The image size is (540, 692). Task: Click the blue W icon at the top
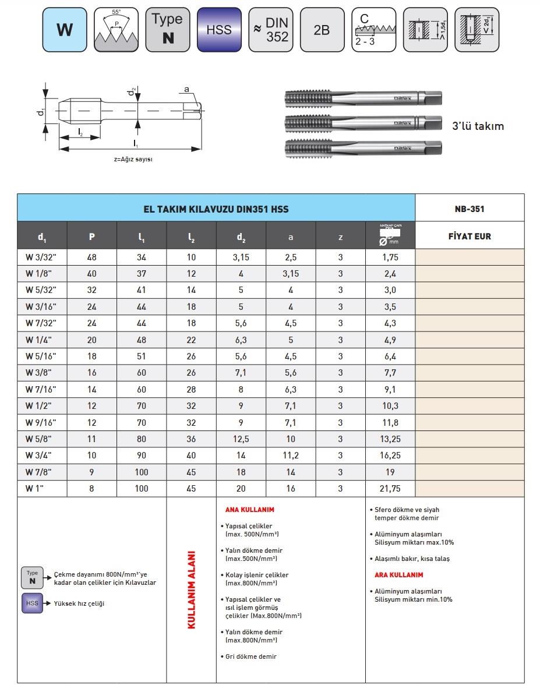click(65, 30)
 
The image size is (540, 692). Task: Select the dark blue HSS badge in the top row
click(219, 30)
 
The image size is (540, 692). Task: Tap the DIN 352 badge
click(271, 30)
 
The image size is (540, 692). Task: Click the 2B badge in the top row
click(322, 30)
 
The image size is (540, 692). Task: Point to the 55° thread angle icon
click(116, 30)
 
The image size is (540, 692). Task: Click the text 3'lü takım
click(478, 126)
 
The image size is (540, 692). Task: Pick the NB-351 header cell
click(470, 209)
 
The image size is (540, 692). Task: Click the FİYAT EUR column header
click(470, 236)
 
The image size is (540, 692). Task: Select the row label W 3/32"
click(41, 257)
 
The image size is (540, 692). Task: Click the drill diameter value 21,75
click(390, 489)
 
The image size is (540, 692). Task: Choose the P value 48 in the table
click(91, 257)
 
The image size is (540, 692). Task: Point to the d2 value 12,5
click(241, 439)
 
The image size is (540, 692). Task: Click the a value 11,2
click(291, 456)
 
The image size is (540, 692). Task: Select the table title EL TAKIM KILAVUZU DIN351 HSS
click(216, 209)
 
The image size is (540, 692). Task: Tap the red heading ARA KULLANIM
click(398, 575)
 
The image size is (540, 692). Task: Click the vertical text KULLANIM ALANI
click(192, 589)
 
